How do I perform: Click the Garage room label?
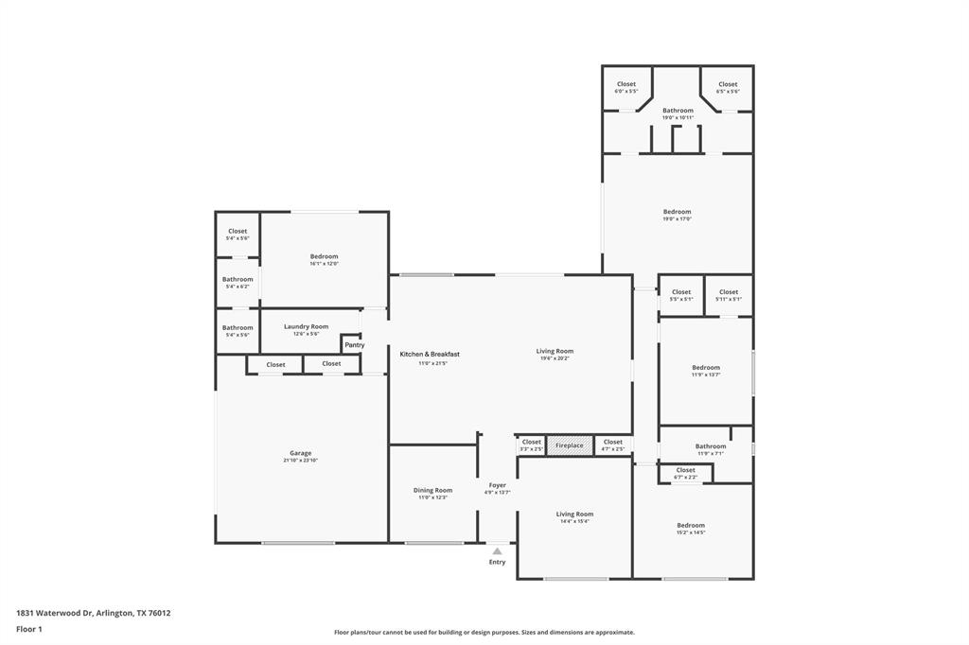300,453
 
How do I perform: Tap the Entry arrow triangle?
497,550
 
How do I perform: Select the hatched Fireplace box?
570,445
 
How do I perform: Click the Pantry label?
354,345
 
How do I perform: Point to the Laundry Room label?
306,326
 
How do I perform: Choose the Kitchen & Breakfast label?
430,354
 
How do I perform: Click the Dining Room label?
432,490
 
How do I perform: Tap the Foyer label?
497,485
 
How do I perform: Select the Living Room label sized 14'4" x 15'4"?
574,514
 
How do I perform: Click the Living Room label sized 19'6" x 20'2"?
555,351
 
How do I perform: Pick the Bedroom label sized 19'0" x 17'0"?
677,212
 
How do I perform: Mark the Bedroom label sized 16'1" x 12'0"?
324,256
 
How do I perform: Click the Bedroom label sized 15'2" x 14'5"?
691,525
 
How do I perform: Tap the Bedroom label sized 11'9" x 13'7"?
705,368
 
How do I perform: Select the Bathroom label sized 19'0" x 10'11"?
678,111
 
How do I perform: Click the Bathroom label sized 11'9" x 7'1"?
711,446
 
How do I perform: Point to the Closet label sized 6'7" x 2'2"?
685,470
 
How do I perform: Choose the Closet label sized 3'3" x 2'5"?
532,442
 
